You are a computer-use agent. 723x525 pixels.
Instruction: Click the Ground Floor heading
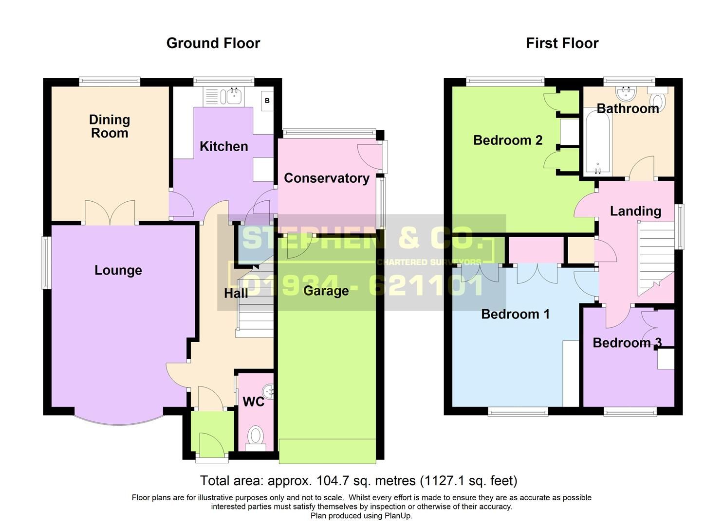pyautogui.click(x=213, y=43)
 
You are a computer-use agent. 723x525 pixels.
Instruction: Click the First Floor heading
pyautogui.click(x=562, y=43)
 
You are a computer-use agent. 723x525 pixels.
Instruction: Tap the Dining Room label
pyautogui.click(x=109, y=126)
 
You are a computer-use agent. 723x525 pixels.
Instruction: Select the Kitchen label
pyautogui.click(x=223, y=146)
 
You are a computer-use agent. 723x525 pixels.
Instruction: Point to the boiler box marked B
pyautogui.click(x=267, y=101)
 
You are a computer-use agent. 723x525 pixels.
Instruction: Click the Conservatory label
pyautogui.click(x=326, y=178)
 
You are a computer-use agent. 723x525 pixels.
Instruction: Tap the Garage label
pyautogui.click(x=326, y=291)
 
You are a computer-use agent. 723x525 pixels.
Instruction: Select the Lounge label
pyautogui.click(x=118, y=270)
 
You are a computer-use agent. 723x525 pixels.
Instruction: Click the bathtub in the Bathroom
pyautogui.click(x=596, y=141)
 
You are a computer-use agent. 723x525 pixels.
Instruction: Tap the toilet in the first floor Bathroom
pyautogui.click(x=658, y=100)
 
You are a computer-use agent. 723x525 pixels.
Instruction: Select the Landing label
pyautogui.click(x=635, y=211)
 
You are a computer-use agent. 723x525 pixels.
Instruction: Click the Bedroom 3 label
pyautogui.click(x=627, y=343)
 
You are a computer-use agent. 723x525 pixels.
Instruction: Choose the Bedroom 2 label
pyautogui.click(x=507, y=140)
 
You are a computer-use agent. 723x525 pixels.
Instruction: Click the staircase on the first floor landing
pyautogui.click(x=655, y=258)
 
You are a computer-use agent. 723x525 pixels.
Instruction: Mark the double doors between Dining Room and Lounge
pyautogui.click(x=110, y=213)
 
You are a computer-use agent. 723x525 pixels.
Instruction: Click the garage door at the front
pyautogui.click(x=328, y=451)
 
